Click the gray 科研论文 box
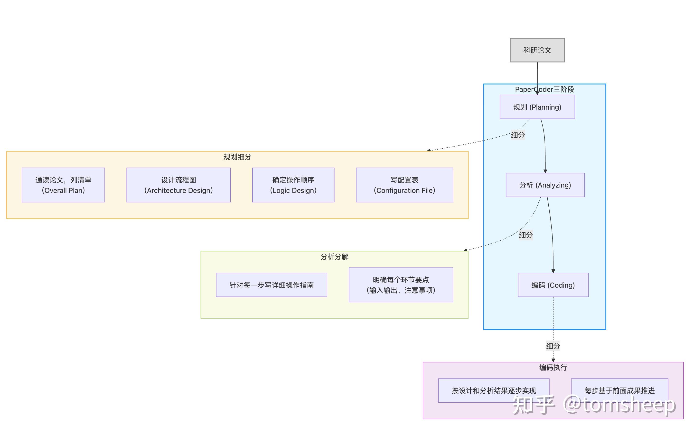537,50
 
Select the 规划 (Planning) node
537,107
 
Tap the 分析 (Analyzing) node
545,185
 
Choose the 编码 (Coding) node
553,285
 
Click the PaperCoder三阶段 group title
544,89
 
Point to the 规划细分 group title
237,157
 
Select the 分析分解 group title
334,257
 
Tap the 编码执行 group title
553,367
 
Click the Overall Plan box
63,185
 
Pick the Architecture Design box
178,185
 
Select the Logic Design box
293,185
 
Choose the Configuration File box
404,185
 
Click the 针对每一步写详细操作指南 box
272,285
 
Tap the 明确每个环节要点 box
401,285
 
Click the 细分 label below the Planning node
518,135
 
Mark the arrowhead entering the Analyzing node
545,171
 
